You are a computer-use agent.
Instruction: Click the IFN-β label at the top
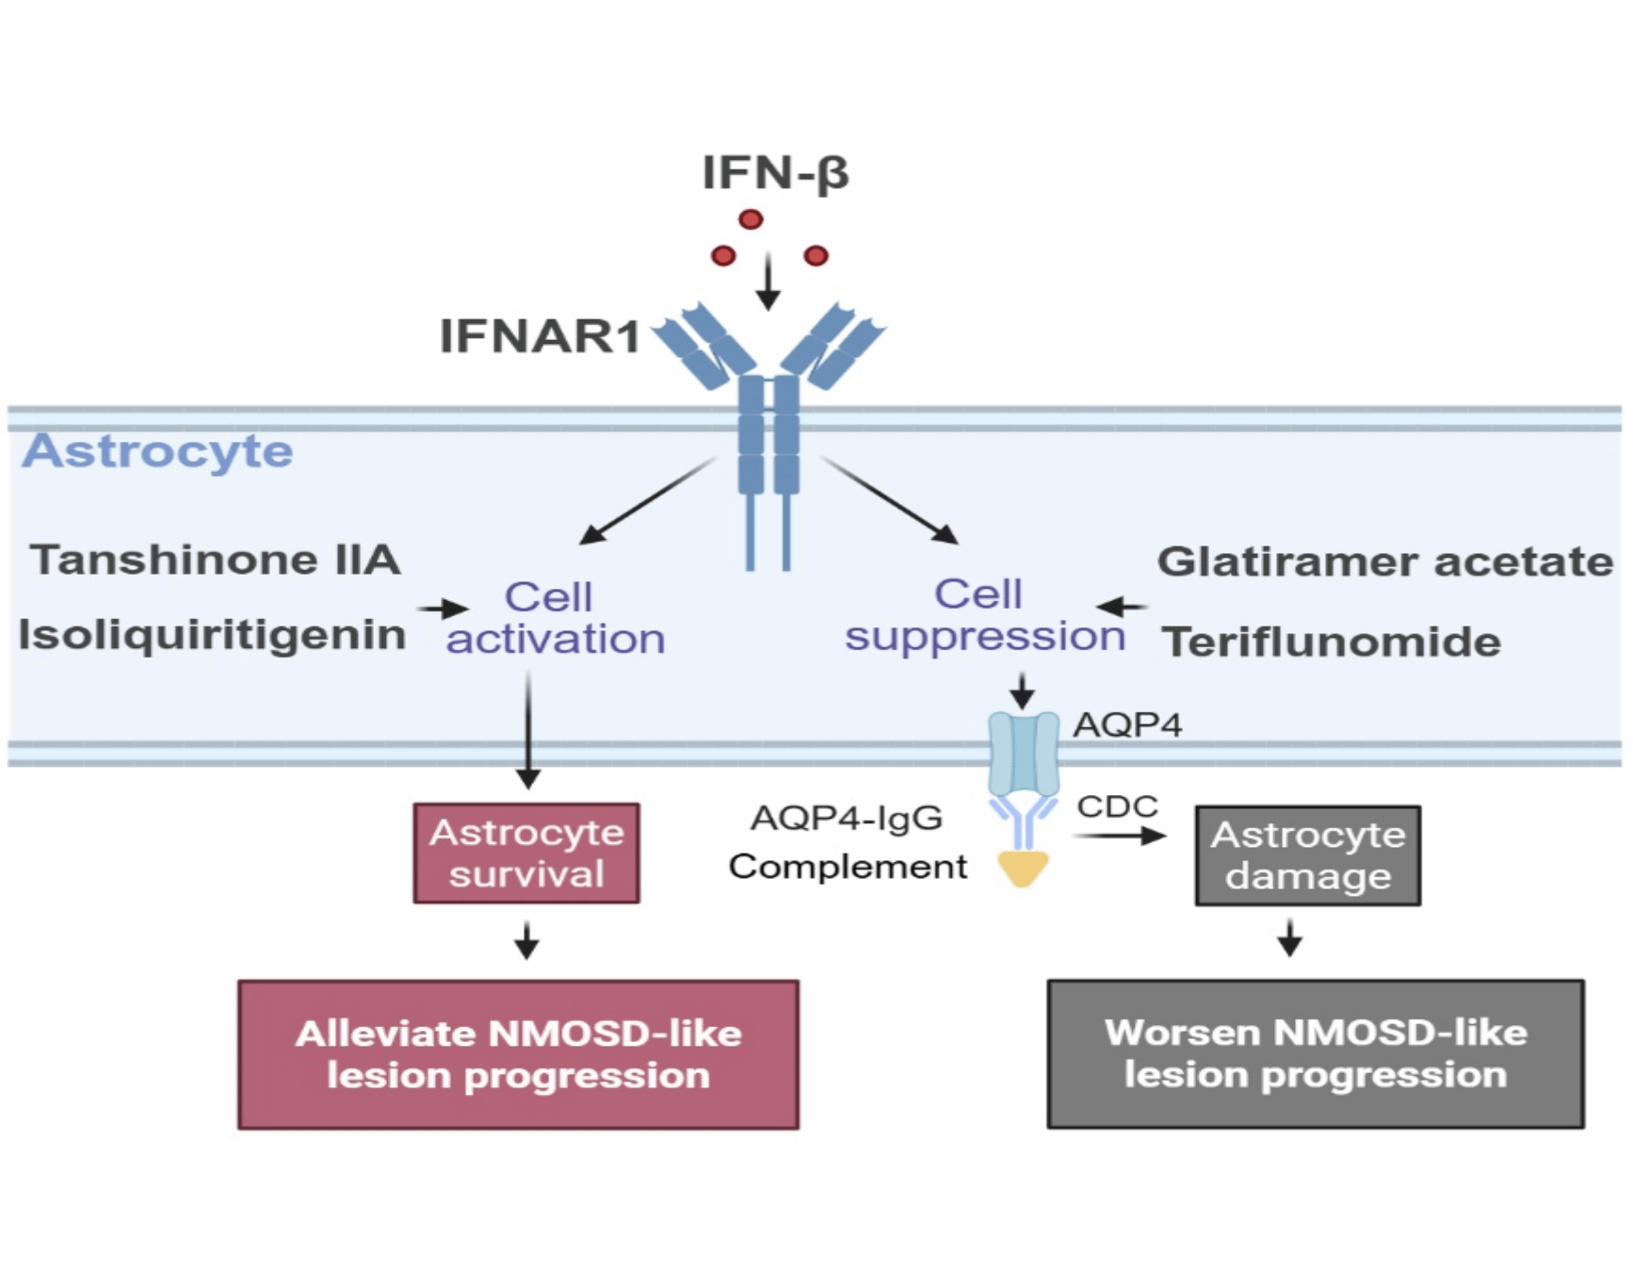click(775, 173)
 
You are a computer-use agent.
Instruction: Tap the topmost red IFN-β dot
click(751, 220)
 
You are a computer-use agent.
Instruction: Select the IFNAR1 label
click(541, 336)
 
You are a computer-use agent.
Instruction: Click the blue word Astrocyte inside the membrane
click(158, 451)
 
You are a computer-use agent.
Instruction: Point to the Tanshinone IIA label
click(216, 560)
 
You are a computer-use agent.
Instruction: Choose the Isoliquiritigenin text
click(212, 635)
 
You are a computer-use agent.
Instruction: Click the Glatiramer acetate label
click(1385, 561)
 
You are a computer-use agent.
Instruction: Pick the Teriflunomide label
click(1332, 642)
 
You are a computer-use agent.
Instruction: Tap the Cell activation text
click(555, 618)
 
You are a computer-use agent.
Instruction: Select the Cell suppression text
click(984, 615)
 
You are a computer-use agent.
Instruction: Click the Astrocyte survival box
click(526, 854)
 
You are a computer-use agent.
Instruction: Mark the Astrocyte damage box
click(1308, 855)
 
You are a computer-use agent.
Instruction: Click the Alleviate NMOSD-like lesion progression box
click(518, 1054)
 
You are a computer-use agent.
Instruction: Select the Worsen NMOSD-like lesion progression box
click(1316, 1053)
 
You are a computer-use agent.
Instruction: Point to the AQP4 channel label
click(1127, 724)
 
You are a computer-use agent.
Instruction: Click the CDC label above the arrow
click(1117, 806)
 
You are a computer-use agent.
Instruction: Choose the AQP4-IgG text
click(847, 818)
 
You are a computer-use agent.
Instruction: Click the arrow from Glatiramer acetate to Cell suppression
click(1123, 607)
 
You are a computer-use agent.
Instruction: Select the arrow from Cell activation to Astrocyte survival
click(528, 730)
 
